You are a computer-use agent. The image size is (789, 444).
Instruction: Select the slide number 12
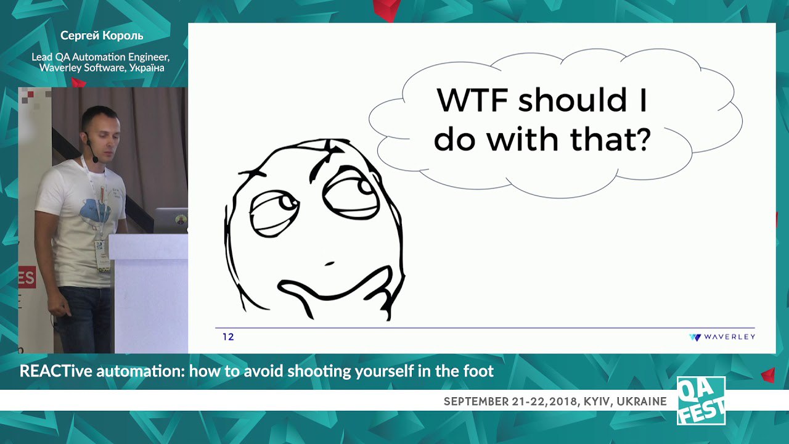point(228,337)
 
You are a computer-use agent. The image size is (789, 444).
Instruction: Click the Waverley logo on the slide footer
point(722,337)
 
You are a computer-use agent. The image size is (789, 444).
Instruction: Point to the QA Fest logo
point(701,401)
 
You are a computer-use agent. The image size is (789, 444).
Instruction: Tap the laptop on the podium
point(171,220)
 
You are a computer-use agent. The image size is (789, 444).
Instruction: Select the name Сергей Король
point(102,36)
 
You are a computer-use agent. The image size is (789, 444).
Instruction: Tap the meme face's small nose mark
point(329,263)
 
